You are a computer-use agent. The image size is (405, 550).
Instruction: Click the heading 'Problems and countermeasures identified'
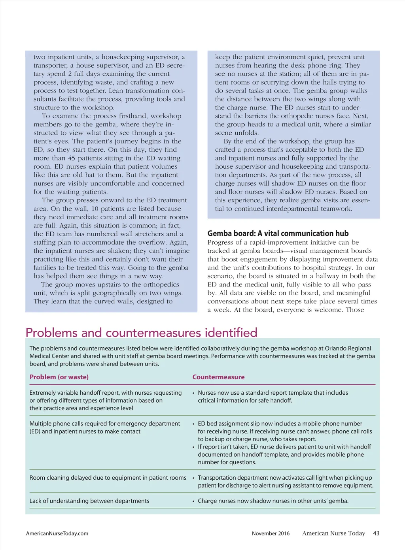pos(141,333)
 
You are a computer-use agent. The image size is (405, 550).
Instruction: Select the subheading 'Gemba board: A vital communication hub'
pos(278,234)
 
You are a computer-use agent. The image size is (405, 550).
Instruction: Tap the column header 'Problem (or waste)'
pos(59,377)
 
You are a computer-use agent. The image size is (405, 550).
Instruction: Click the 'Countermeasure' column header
pos(218,377)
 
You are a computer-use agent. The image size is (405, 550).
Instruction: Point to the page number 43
pos(376,533)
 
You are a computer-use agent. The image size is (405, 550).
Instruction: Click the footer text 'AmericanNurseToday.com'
pos(57,533)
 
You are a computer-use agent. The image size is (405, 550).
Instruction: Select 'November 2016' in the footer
pos(271,533)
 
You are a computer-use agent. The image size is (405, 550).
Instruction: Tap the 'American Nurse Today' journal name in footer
pos(333,533)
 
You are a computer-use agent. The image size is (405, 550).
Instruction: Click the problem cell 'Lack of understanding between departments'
pos(89,501)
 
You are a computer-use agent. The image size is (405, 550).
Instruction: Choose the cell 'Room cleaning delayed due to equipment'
pos(108,478)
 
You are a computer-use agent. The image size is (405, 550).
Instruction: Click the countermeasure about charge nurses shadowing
pos(273,501)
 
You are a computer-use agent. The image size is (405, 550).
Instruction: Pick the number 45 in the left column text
pos(72,158)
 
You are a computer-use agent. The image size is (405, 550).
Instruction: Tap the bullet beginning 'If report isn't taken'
pos(284,454)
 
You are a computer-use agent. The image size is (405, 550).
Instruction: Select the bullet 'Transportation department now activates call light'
pos(285,481)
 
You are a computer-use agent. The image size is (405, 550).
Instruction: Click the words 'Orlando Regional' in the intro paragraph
pos(348,348)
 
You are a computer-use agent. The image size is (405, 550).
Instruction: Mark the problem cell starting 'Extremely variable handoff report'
pos(106,400)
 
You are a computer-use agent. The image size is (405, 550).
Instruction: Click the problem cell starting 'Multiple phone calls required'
pos(105,428)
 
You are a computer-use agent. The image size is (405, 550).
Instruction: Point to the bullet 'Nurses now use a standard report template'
pos(273,396)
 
